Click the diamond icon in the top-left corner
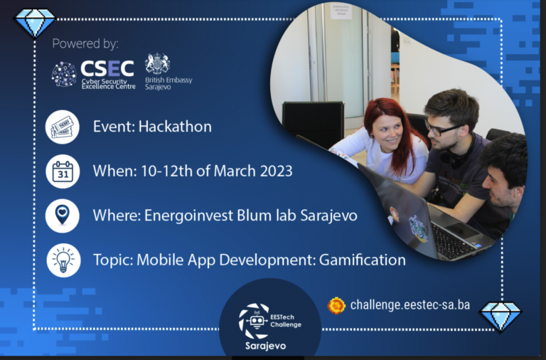click(34, 22)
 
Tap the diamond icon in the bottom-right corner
click(500, 316)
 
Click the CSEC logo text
click(107, 68)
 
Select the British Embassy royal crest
click(158, 63)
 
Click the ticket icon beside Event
click(63, 127)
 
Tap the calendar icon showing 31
click(63, 171)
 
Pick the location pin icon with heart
click(63, 216)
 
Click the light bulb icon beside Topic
click(63, 260)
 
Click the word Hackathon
click(175, 127)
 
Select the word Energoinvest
click(188, 216)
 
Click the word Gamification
click(362, 260)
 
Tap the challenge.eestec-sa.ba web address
click(409, 305)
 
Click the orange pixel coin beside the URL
click(336, 306)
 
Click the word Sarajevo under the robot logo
click(265, 346)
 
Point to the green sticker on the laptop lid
click(418, 228)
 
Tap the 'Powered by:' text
click(85, 43)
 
